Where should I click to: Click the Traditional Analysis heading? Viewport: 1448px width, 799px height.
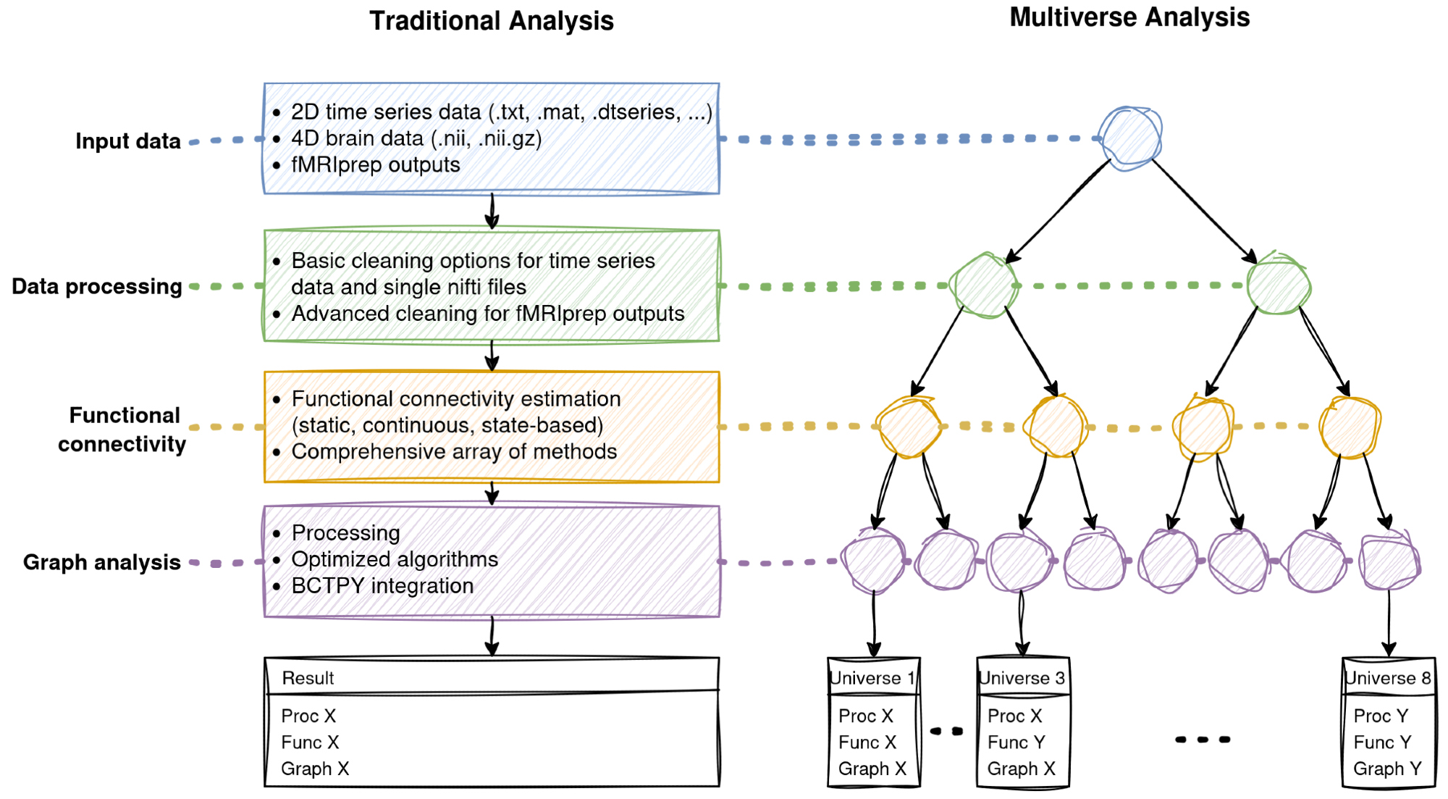click(492, 21)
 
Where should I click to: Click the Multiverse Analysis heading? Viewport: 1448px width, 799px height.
click(1129, 17)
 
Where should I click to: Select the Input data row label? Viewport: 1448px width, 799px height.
click(128, 141)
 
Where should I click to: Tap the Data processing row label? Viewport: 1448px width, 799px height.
click(97, 287)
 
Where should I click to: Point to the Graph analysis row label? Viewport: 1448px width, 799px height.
click(102, 563)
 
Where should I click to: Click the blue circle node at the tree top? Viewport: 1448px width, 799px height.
click(1130, 138)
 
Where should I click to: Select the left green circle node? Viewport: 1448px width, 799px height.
click(985, 285)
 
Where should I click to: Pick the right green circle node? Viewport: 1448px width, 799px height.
click(1279, 285)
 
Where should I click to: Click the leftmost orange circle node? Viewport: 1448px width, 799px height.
click(909, 427)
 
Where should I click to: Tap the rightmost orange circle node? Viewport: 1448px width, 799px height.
click(1350, 427)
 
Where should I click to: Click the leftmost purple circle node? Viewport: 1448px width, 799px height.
click(873, 561)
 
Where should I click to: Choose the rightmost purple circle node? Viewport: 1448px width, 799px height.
click(1389, 561)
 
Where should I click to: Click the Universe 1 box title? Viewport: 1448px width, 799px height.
click(873, 679)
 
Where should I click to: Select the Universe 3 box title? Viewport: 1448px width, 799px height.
click(1022, 679)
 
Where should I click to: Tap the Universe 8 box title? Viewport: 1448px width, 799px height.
click(1388, 679)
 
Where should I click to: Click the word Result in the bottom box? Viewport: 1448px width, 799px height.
click(308, 679)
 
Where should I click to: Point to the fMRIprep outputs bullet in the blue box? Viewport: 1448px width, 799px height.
click(375, 165)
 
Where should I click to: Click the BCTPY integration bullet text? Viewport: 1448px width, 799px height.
click(382, 586)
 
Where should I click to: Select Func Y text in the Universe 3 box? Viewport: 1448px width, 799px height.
click(1016, 742)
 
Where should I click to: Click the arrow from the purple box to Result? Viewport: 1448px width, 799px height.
click(492, 637)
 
